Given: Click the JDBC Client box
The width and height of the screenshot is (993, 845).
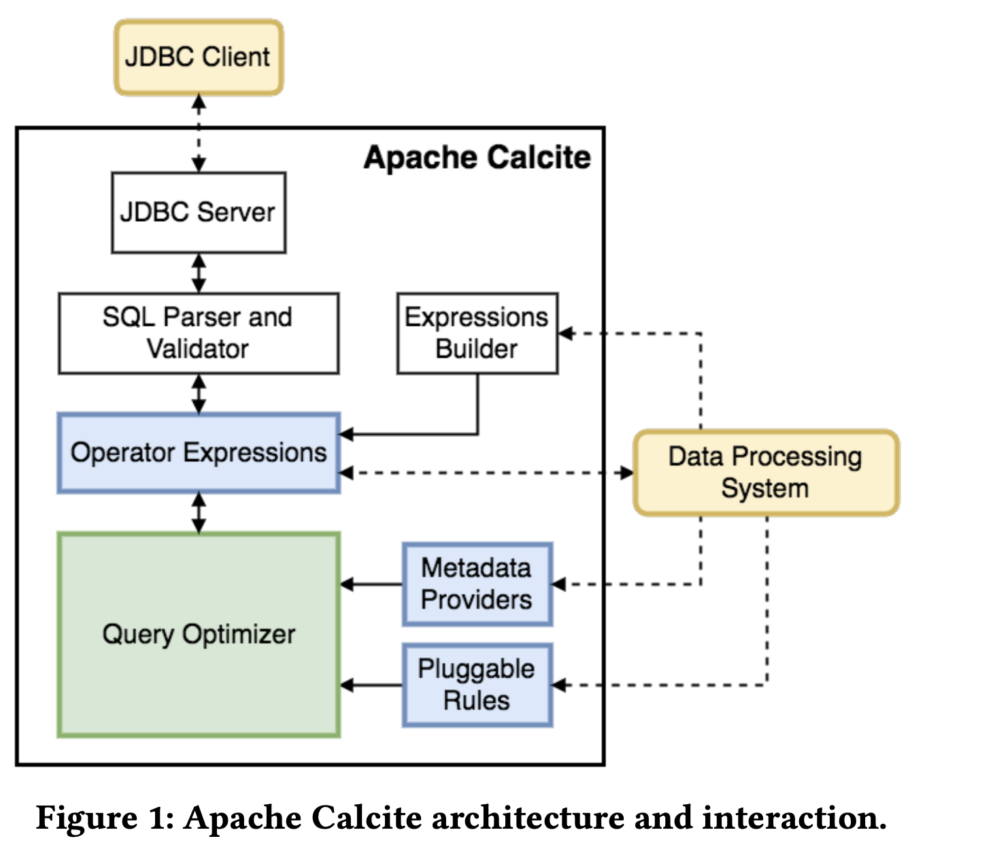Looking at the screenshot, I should coord(198,57).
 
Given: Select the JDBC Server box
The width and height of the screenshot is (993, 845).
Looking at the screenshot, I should coord(198,212).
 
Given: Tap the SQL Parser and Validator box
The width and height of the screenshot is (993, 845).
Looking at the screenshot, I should coord(198,333).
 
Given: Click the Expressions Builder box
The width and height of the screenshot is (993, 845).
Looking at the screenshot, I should coord(477,333).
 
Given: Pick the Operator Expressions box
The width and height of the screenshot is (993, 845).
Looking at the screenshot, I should coord(198,452).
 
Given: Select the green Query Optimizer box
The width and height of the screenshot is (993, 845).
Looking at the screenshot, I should coord(198,634).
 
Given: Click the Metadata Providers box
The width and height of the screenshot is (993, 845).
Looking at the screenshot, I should coord(477,584).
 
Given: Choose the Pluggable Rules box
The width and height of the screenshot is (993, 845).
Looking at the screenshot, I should coord(477,684).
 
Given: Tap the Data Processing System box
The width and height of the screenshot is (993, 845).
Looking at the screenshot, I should coord(766,472).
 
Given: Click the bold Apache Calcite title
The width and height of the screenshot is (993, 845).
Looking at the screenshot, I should coord(477,158).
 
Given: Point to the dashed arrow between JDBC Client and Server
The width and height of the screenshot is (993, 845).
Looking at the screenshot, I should coord(199,133).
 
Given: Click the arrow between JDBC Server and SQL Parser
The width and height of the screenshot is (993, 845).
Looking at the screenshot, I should coord(199,273).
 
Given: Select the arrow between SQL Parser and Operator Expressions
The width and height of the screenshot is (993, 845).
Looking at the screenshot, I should coord(199,393).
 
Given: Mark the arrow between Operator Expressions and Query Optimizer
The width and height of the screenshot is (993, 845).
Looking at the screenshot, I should coord(199,513).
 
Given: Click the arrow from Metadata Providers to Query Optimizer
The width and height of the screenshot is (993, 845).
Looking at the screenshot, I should coord(371,584).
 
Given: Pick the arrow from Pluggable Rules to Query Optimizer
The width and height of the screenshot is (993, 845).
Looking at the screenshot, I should coord(371,685).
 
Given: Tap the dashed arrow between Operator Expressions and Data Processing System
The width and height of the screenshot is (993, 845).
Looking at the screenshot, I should coord(486,473).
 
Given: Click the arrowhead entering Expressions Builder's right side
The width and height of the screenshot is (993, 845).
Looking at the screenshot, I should coord(566,333).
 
